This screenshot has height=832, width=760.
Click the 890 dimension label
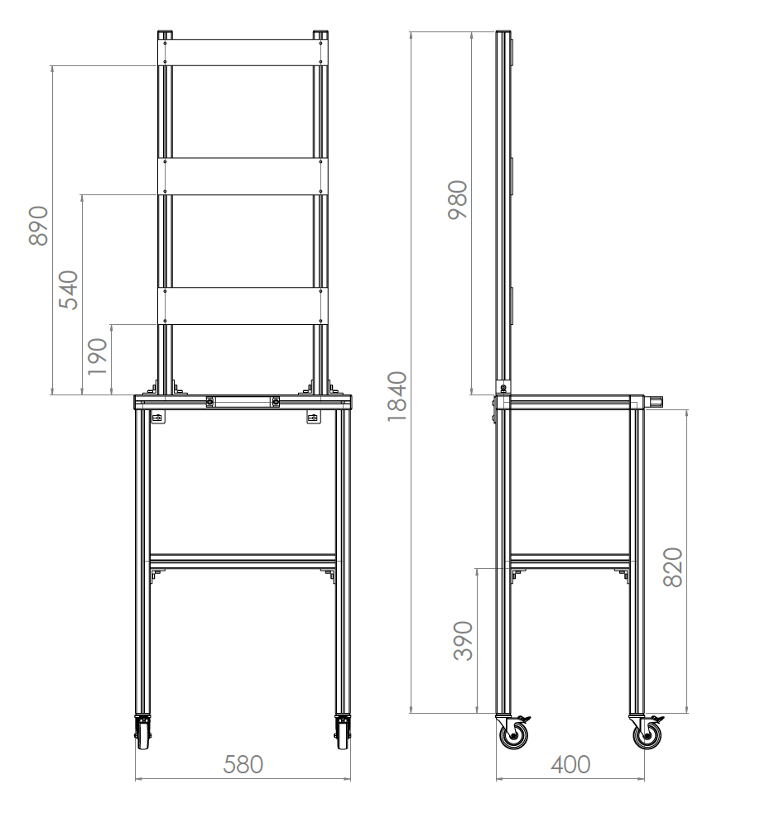click(x=38, y=226)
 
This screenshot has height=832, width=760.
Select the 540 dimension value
click(x=68, y=289)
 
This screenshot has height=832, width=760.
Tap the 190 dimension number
click(x=97, y=356)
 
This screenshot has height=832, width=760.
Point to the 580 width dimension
click(x=243, y=765)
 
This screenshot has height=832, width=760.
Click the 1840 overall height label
click(x=397, y=396)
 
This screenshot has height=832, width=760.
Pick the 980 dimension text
click(x=457, y=199)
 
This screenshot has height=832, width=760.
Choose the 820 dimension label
click(x=673, y=567)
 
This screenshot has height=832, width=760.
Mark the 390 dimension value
click(x=463, y=640)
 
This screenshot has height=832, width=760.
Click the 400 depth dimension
click(x=570, y=765)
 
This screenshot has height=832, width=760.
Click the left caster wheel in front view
click(x=143, y=734)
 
